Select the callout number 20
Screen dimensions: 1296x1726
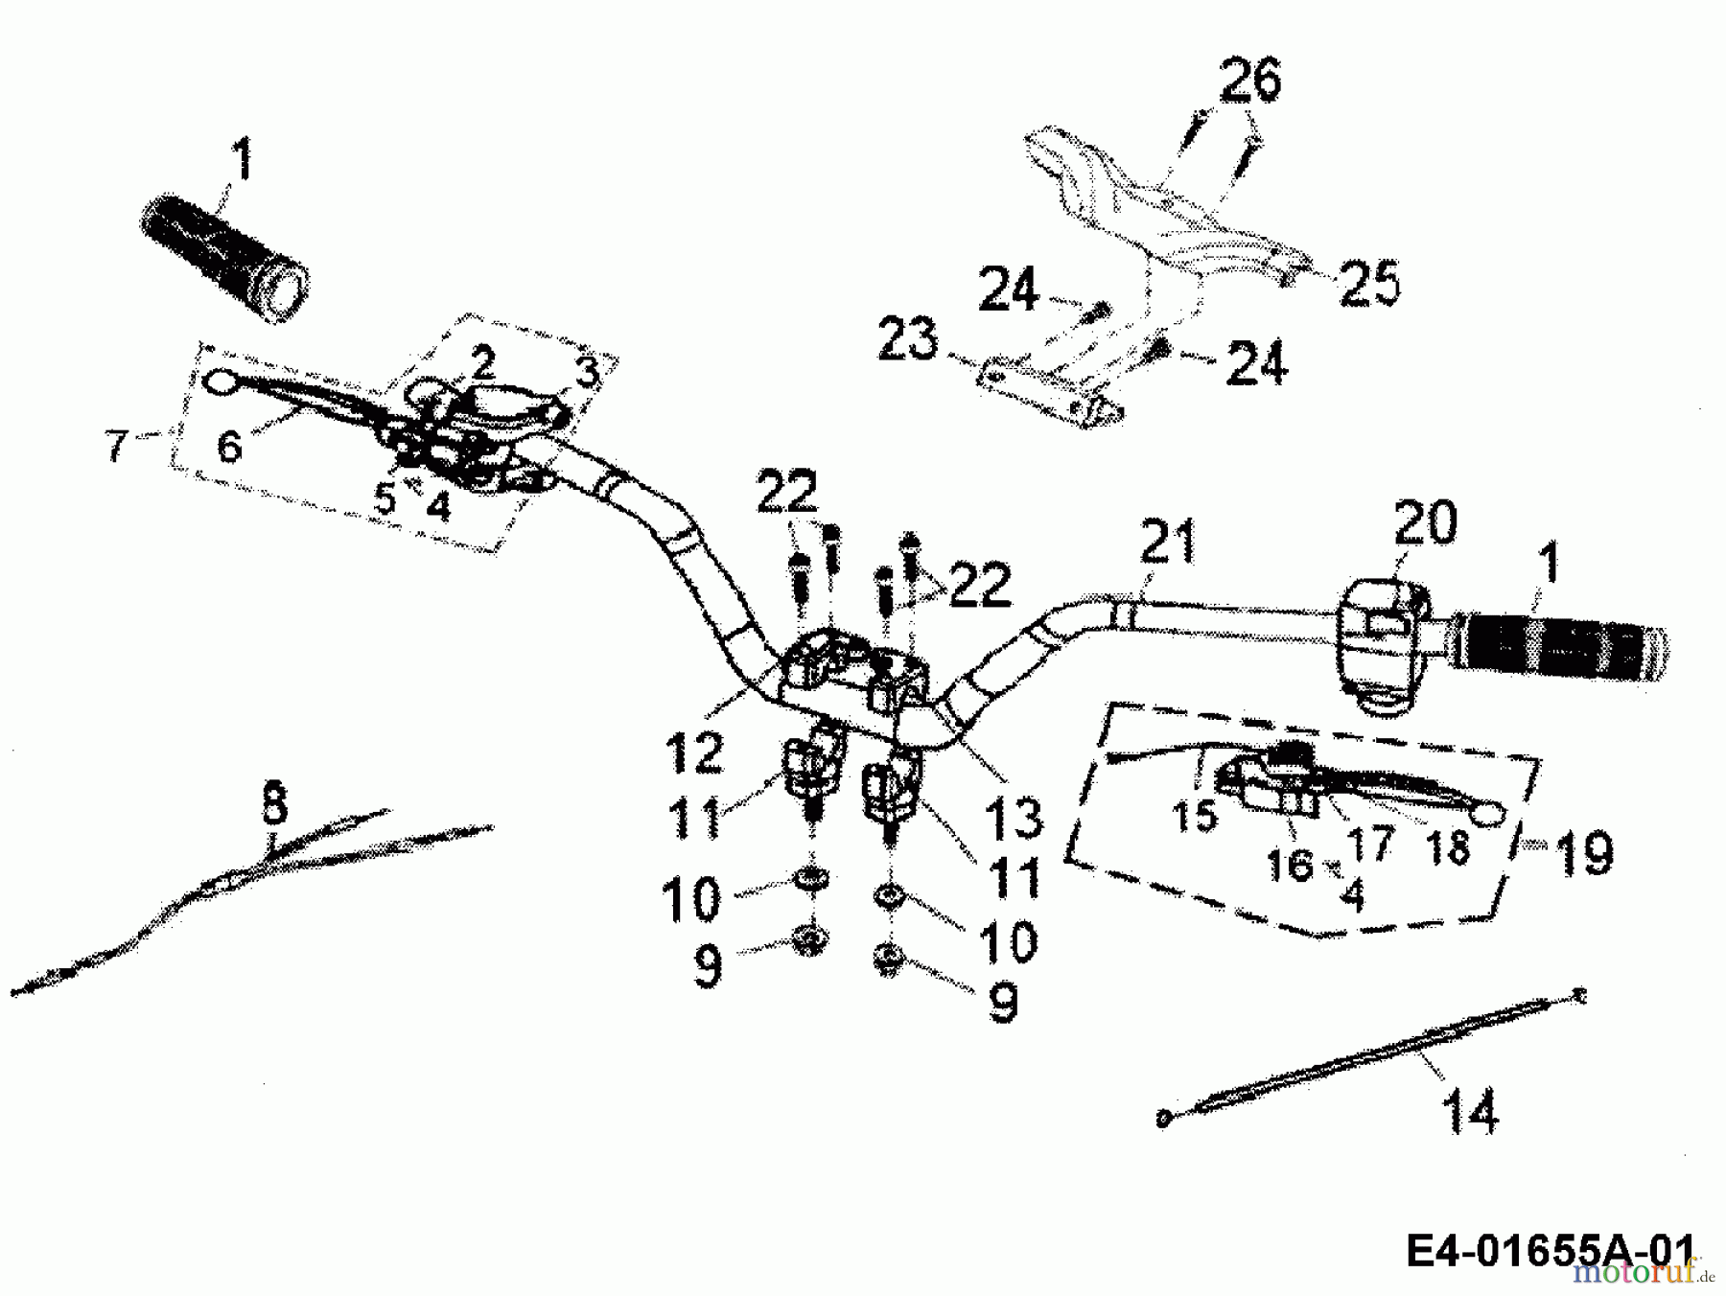coord(1424,524)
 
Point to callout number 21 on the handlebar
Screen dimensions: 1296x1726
coord(1169,542)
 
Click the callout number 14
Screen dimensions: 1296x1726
coord(1469,1113)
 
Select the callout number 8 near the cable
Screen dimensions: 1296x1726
coord(274,802)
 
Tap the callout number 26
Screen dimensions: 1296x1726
coord(1249,81)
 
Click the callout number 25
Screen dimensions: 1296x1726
coord(1368,283)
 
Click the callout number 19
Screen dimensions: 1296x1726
coord(1583,852)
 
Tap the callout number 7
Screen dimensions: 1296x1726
coord(116,445)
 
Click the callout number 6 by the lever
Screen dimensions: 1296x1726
coord(229,446)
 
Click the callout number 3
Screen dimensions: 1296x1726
coord(586,373)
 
